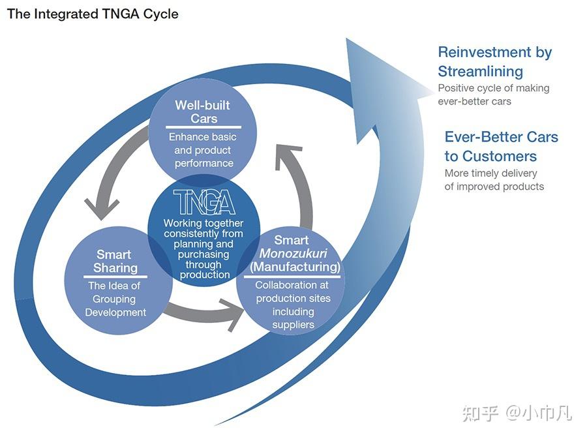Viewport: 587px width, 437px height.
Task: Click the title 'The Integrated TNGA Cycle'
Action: [93, 14]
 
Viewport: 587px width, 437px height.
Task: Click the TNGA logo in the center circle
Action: [204, 202]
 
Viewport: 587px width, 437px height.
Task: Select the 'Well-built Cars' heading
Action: [203, 112]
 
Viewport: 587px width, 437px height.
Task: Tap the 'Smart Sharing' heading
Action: [115, 261]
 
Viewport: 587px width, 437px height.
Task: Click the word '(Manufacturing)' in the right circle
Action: [295, 267]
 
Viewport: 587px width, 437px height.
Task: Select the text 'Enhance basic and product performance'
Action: [203, 150]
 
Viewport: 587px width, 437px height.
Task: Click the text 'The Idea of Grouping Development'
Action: [115, 299]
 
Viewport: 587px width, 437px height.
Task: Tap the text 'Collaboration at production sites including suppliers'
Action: [293, 305]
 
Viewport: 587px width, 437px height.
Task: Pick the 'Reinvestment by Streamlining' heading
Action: [494, 61]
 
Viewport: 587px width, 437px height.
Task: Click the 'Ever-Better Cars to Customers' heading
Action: [501, 146]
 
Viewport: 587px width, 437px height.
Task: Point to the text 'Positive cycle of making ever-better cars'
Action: [493, 95]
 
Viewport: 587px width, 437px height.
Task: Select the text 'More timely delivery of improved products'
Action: [494, 179]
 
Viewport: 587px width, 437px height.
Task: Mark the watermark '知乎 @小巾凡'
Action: [517, 413]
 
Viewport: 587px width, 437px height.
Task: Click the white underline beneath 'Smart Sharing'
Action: [115, 277]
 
